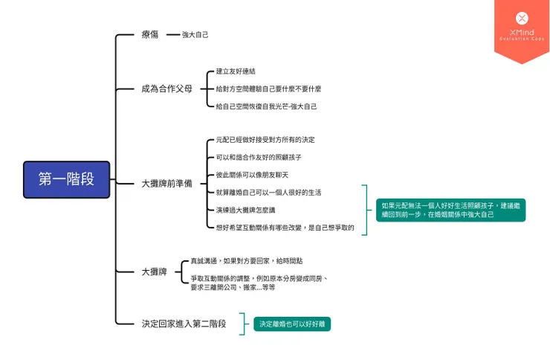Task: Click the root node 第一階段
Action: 66,179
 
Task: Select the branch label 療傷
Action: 150,34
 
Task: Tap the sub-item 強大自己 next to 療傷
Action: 195,35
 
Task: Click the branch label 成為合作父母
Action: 166,89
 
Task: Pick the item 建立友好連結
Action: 236,71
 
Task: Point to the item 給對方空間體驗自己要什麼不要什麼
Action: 268,89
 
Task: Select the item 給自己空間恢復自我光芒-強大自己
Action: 266,106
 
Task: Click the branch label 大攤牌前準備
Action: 166,183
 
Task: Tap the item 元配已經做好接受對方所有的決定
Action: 265,140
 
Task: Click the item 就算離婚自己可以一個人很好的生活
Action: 268,193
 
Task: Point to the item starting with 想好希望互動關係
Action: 285,228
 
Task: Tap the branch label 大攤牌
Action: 154,272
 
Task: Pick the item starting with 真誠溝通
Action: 247,261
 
